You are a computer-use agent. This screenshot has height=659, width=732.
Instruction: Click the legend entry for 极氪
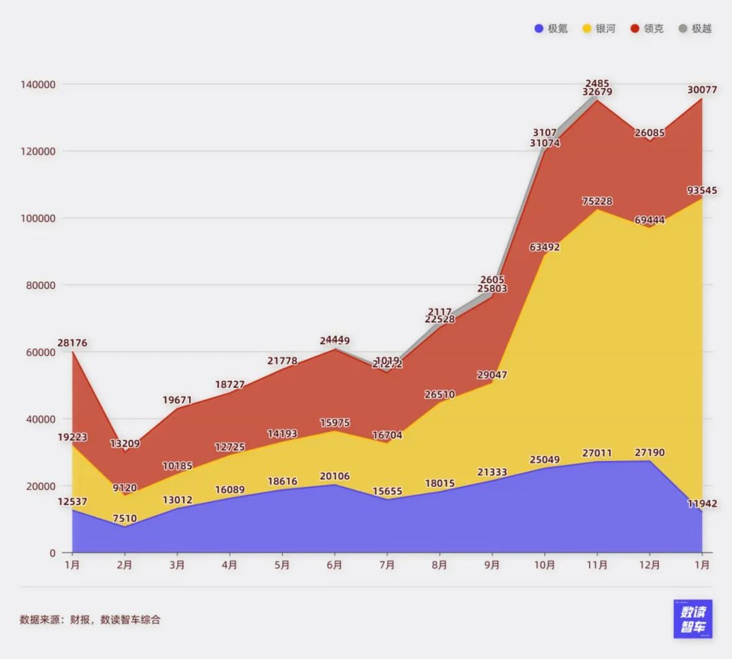point(551,28)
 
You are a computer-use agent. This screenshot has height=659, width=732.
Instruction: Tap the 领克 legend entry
point(647,28)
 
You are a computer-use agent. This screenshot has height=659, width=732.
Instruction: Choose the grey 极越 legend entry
point(695,28)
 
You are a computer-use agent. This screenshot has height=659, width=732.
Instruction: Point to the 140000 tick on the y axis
point(38,84)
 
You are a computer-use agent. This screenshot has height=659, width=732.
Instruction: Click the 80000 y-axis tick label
point(41,285)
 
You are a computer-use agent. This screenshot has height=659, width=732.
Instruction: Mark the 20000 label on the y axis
point(41,486)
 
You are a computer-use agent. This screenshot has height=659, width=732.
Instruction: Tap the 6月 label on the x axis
point(334,565)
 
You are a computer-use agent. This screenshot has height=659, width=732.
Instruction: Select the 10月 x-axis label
point(544,565)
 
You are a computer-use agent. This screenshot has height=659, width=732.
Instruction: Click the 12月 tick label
point(649,565)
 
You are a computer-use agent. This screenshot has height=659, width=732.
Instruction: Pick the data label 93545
point(702,191)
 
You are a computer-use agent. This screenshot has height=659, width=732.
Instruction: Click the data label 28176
point(72,343)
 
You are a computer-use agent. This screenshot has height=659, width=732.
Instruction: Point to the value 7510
point(125,519)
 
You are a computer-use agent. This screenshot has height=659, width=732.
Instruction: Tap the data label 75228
point(597,201)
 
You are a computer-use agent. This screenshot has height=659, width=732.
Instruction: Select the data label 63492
point(544,247)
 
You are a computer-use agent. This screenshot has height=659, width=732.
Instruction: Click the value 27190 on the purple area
point(649,453)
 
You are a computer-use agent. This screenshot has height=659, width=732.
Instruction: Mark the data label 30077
point(702,90)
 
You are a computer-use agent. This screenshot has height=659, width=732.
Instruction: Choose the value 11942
point(702,504)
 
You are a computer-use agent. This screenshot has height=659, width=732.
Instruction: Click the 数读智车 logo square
point(693,619)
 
